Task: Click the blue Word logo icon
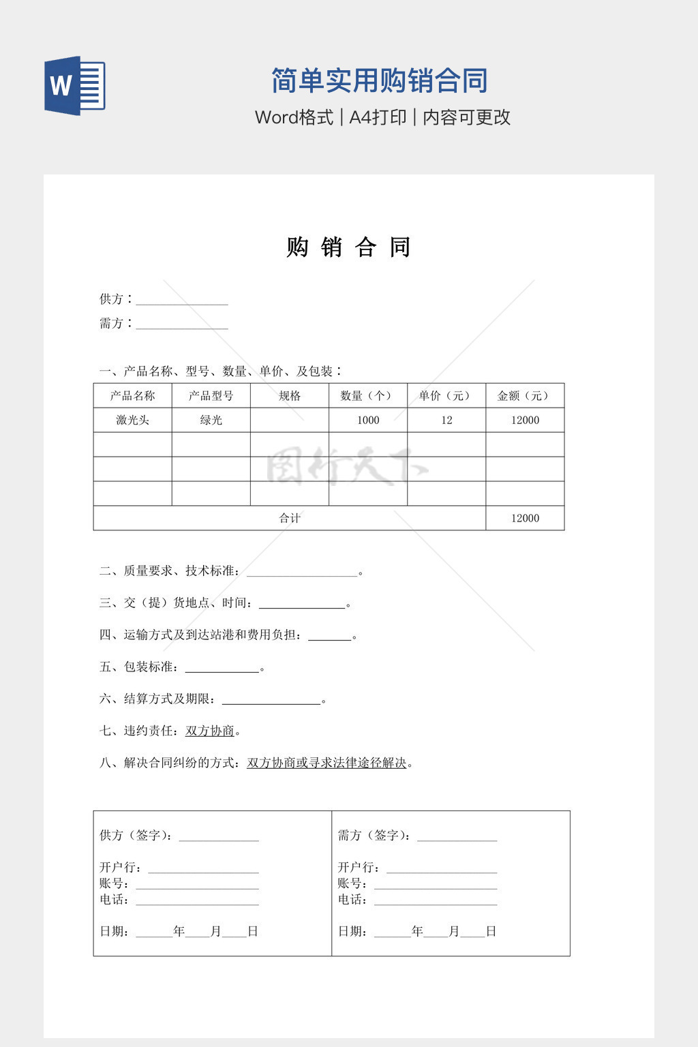[74, 85]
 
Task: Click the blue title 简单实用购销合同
[379, 80]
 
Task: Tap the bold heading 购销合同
[348, 247]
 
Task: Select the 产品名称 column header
[132, 395]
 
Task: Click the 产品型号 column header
[211, 395]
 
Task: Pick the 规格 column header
[290, 395]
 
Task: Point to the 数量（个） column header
[368, 395]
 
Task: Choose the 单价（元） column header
[446, 395]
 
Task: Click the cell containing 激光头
[132, 420]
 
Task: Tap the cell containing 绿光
[211, 420]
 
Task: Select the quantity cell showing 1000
[368, 420]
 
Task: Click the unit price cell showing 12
[446, 420]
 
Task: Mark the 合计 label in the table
[290, 518]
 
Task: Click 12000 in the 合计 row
[525, 518]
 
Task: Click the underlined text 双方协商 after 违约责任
[210, 731]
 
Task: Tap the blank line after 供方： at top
[182, 301]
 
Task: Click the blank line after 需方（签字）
[457, 836]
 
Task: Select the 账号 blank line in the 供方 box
[197, 884]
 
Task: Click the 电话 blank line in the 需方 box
[436, 900]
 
